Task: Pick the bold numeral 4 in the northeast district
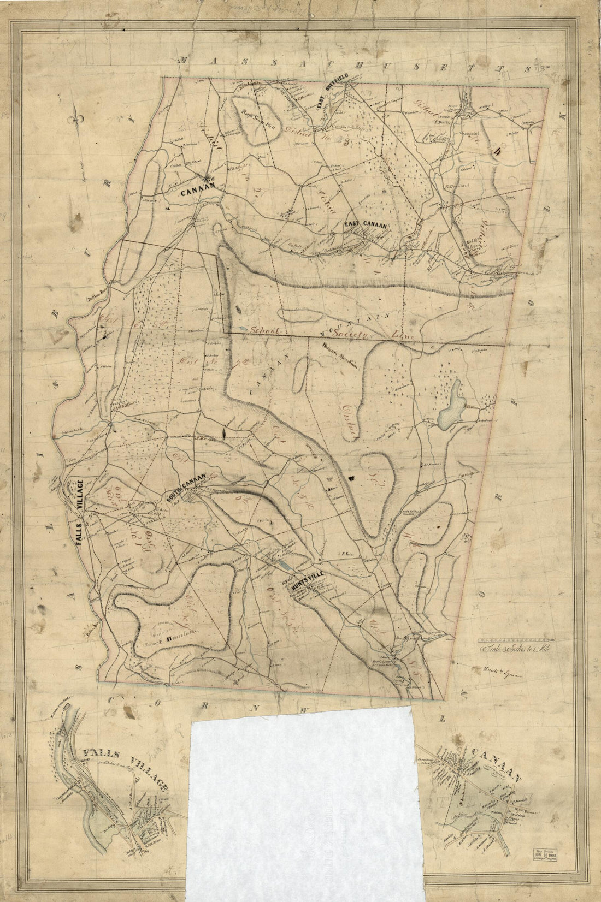coord(497,153)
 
